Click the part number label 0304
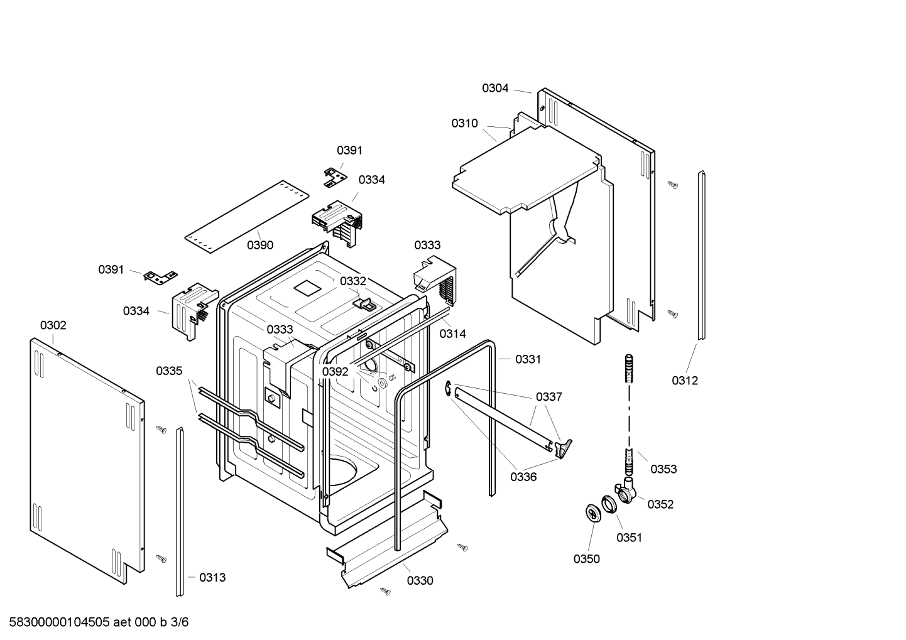coord(495,89)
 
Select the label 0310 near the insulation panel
coord(464,124)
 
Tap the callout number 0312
coord(684,381)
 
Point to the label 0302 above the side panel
coord(53,325)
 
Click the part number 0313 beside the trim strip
coord(212,578)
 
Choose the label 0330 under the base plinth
coord(420,581)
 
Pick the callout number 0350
coord(586,559)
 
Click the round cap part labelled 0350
coord(592,513)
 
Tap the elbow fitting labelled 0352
coord(627,491)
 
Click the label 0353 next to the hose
coord(663,469)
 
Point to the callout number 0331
coord(528,359)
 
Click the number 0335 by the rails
coord(169,371)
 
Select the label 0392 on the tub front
coord(335,372)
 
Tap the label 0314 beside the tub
coord(452,334)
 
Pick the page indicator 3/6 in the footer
coord(180,622)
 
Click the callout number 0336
coord(523,477)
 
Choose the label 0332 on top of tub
coord(352,281)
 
